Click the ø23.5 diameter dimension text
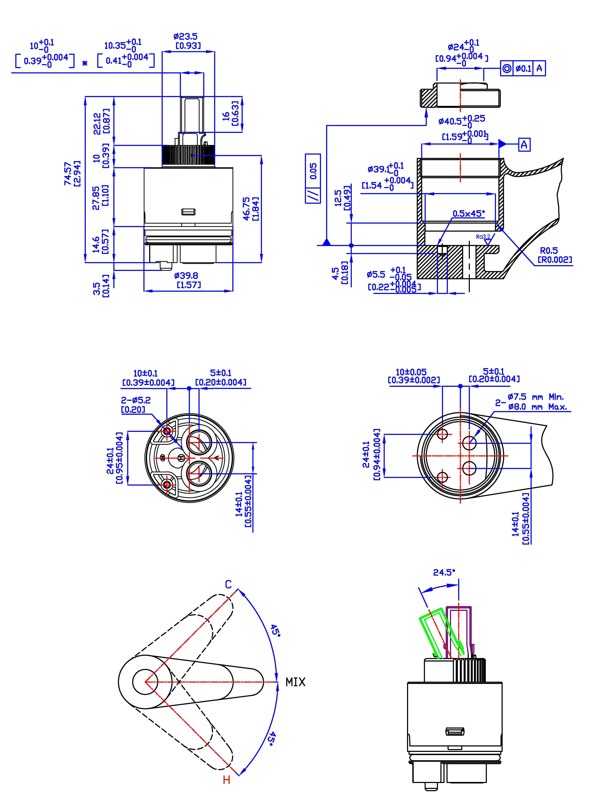pyautogui.click(x=186, y=37)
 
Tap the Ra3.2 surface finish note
pyautogui.click(x=483, y=237)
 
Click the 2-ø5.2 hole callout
pyautogui.click(x=136, y=400)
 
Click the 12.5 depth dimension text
pyautogui.click(x=338, y=198)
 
